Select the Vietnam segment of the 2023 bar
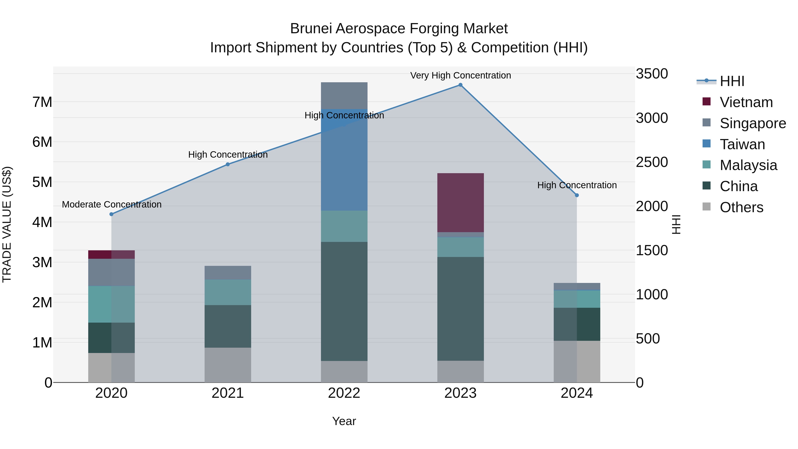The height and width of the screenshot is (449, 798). pos(460,203)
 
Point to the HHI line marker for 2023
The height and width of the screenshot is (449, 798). pos(460,85)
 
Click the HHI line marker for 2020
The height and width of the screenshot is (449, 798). pos(111,214)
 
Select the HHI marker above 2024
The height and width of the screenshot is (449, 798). pos(577,195)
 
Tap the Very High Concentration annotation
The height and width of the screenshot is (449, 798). pos(460,75)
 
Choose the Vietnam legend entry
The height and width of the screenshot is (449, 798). pos(746,102)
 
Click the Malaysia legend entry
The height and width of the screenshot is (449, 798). pos(748,165)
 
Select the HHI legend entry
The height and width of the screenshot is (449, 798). pos(732,81)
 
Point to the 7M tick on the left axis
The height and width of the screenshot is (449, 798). pos(42,102)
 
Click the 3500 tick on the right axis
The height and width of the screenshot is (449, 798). pos(652,74)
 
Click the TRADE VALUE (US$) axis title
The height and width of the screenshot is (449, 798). pos(7,224)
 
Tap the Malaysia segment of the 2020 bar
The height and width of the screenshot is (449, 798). pos(111,304)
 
